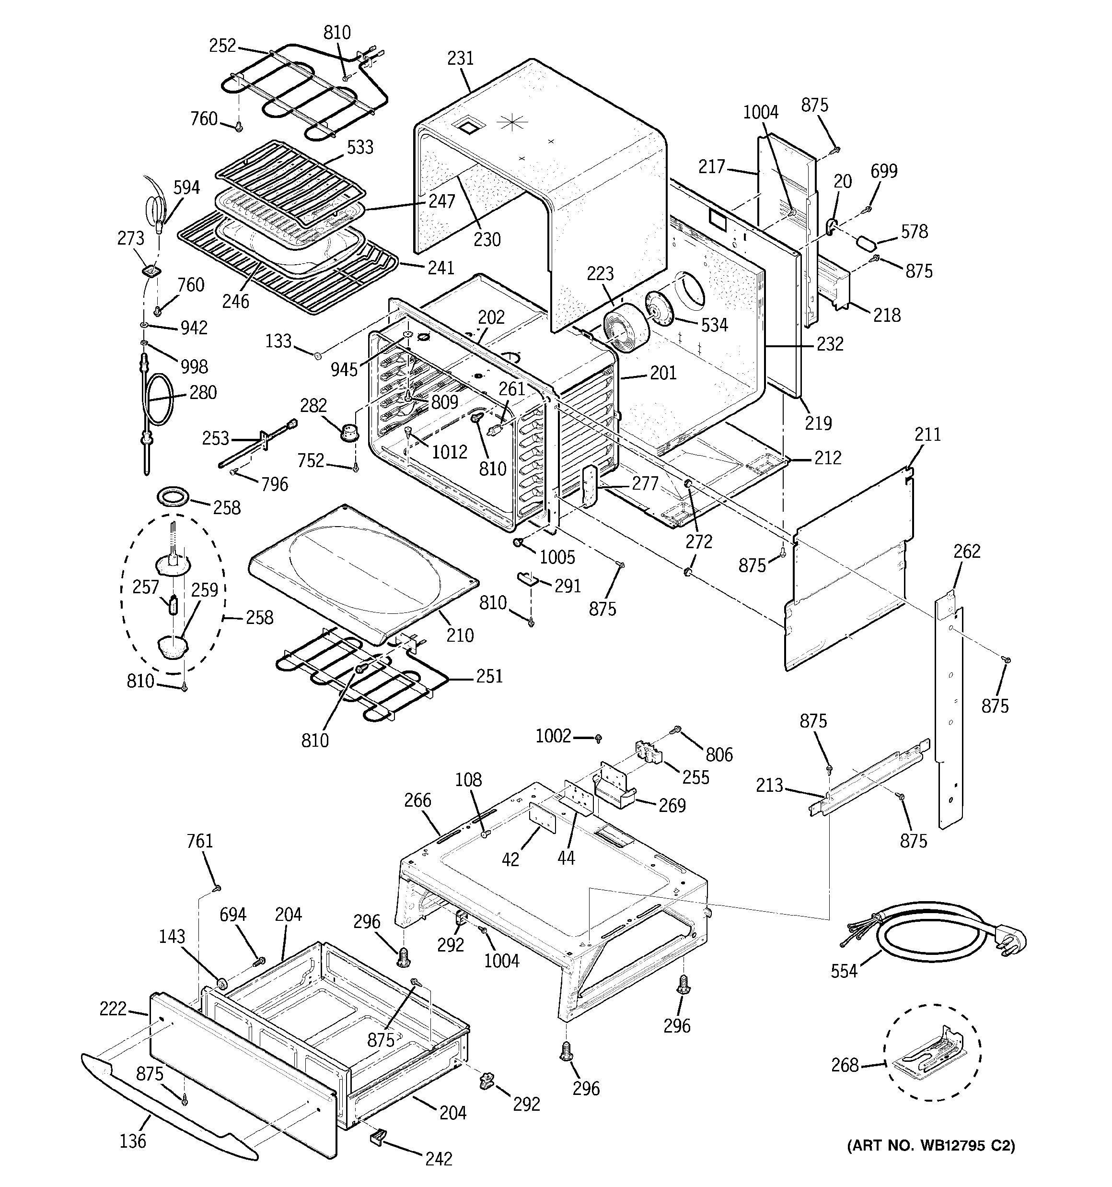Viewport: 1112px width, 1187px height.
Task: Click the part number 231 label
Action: click(x=460, y=59)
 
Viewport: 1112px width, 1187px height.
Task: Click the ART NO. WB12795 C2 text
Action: click(x=931, y=1145)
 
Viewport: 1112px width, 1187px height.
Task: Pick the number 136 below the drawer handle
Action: click(x=132, y=1140)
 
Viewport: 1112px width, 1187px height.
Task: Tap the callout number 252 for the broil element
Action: click(x=222, y=46)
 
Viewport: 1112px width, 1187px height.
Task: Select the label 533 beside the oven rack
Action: click(x=360, y=147)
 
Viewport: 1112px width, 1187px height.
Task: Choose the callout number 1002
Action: click(x=553, y=736)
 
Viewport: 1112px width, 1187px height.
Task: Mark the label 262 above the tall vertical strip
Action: click(x=966, y=551)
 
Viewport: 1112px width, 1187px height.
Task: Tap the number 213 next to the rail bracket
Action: click(x=769, y=785)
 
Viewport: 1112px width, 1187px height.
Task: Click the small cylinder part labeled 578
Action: click(x=867, y=243)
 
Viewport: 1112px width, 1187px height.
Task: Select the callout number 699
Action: click(x=883, y=171)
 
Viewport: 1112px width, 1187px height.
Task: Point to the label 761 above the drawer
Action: click(x=199, y=841)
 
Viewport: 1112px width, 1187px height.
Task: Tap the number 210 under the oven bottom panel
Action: click(x=460, y=635)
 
